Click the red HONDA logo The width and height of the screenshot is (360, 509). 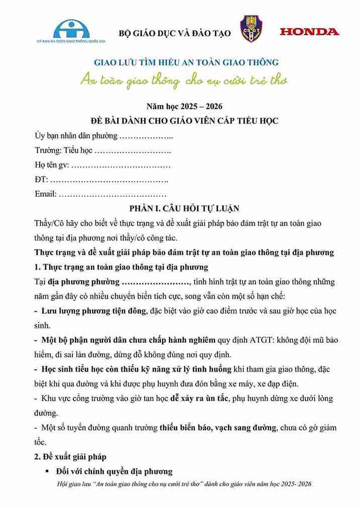pyautogui.click(x=309, y=32)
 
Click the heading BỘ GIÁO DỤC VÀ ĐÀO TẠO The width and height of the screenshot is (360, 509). pyautogui.click(x=174, y=33)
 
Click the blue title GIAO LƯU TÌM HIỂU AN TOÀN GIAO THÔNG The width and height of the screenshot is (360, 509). pyautogui.click(x=186, y=63)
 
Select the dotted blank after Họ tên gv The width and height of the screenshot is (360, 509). pyautogui.click(x=121, y=165)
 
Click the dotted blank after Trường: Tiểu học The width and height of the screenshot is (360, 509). pyautogui.click(x=133, y=150)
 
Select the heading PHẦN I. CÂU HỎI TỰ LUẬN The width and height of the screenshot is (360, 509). pyautogui.click(x=184, y=208)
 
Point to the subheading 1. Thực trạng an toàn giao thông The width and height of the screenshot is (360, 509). pyautogui.click(x=121, y=266)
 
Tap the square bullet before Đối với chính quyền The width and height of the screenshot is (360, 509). pyautogui.click(x=47, y=471)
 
